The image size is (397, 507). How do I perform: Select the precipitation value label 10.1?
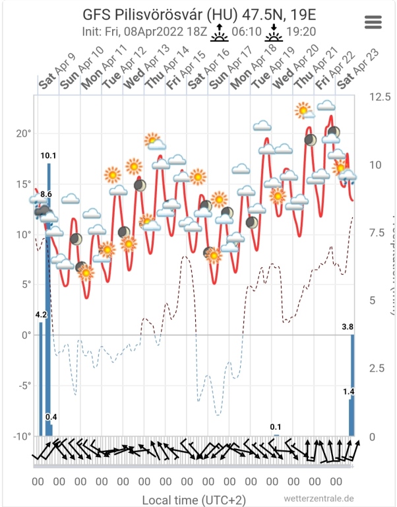click(48, 156)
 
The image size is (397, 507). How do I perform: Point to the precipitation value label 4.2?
click(41, 314)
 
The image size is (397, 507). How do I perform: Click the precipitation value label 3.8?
click(348, 327)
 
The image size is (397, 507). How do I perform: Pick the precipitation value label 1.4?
click(348, 391)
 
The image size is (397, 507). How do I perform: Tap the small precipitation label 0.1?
click(276, 427)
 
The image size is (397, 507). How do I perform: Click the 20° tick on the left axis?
click(24, 133)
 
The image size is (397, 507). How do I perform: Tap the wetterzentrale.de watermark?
click(319, 499)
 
